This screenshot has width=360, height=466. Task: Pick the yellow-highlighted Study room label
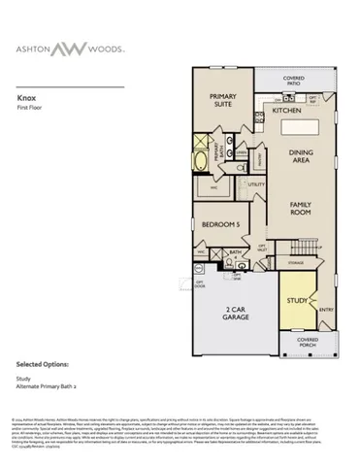click(x=296, y=300)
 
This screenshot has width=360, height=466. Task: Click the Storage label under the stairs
click(x=297, y=261)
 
